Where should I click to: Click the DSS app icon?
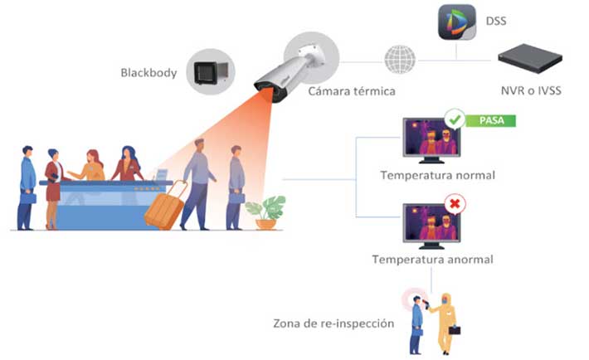(457, 22)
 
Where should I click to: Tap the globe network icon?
(400, 60)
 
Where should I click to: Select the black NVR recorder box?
(529, 58)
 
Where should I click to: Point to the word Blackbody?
(148, 72)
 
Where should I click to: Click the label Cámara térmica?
(352, 91)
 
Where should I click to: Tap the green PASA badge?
(491, 120)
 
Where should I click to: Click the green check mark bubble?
(455, 119)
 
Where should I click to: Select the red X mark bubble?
(455, 204)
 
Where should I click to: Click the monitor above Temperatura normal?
(431, 140)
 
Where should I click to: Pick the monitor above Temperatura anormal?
(431, 226)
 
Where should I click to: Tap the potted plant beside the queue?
(266, 212)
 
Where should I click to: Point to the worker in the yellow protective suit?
(445, 324)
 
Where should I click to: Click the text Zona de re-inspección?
(333, 324)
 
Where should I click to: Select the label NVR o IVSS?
(531, 90)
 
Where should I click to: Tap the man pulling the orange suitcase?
(198, 184)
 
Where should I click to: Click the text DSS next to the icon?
(496, 21)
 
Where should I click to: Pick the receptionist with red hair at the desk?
(90, 165)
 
